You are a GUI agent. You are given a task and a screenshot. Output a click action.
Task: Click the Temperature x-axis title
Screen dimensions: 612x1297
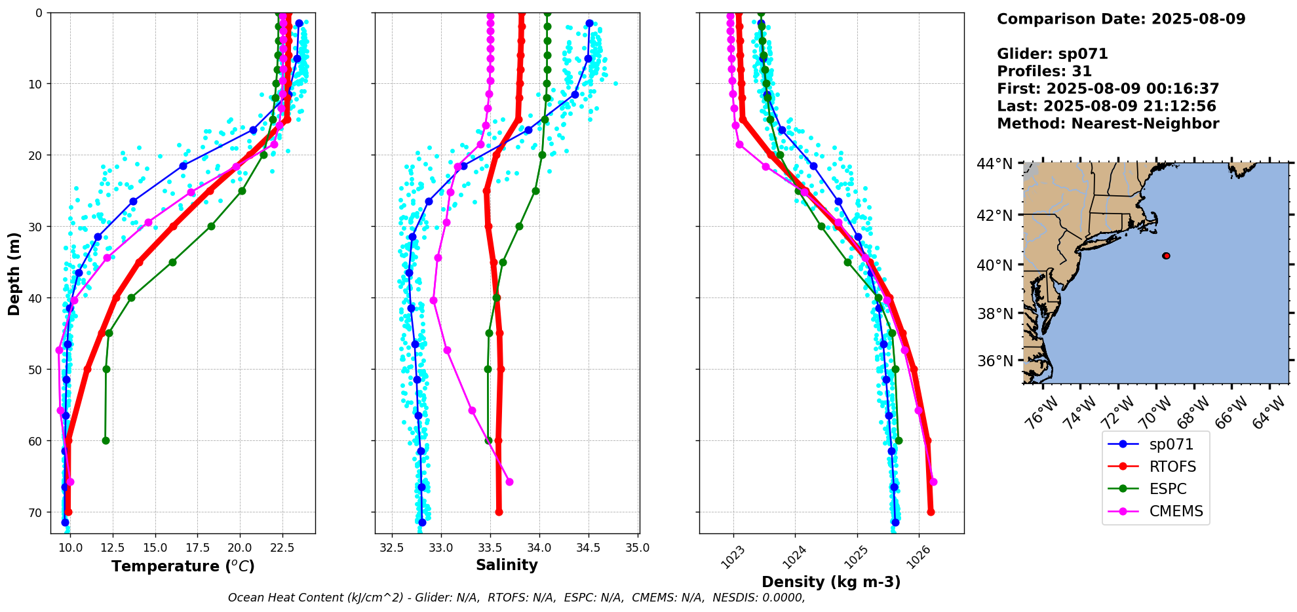point(183,566)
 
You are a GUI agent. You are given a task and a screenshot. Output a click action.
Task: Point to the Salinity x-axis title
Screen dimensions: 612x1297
point(507,565)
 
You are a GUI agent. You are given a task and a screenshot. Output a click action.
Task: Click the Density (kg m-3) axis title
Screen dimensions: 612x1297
point(831,582)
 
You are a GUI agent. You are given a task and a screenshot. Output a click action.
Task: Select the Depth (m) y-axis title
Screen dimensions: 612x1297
point(14,273)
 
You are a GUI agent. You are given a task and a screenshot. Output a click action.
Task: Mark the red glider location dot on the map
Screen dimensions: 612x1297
point(1166,256)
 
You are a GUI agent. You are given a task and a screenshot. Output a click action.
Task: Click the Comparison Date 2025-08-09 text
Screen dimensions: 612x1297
point(1121,19)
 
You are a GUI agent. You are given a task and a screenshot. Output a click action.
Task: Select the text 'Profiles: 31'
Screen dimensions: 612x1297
point(1044,71)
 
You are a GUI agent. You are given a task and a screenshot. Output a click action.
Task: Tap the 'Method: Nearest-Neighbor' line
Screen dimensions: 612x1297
point(1108,124)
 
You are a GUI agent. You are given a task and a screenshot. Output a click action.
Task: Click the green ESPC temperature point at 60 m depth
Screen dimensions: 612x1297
point(106,440)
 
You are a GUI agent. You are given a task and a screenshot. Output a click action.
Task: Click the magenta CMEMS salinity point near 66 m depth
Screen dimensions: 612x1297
point(509,482)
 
